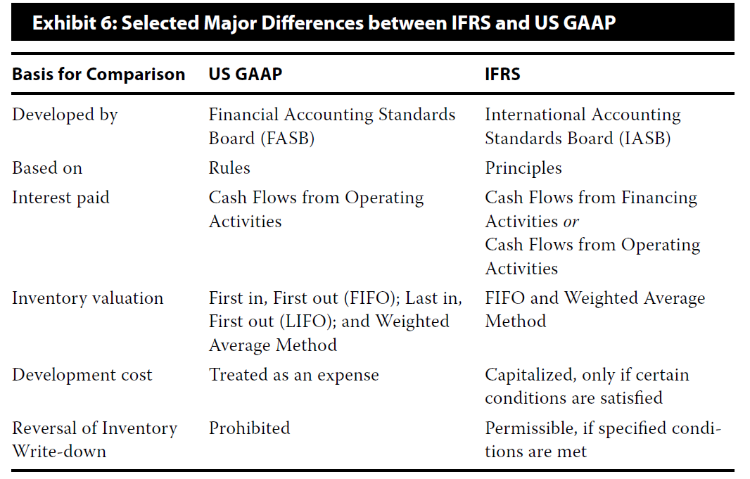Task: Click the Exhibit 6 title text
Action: tap(324, 23)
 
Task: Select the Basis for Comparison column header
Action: tap(98, 75)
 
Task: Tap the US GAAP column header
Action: tap(246, 74)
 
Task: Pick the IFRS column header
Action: tap(502, 74)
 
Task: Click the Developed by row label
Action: tap(65, 115)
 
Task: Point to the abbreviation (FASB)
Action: tap(288, 139)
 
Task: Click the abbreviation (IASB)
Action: tap(644, 139)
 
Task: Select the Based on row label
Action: tap(47, 168)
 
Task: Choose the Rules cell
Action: tap(229, 168)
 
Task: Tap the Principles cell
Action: tap(523, 169)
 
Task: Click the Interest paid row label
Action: tap(61, 198)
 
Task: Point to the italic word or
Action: tap(571, 222)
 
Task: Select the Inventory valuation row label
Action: tap(87, 298)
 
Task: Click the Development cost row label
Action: tap(82, 376)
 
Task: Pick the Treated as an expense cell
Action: tap(293, 376)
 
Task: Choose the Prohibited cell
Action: tap(249, 428)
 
